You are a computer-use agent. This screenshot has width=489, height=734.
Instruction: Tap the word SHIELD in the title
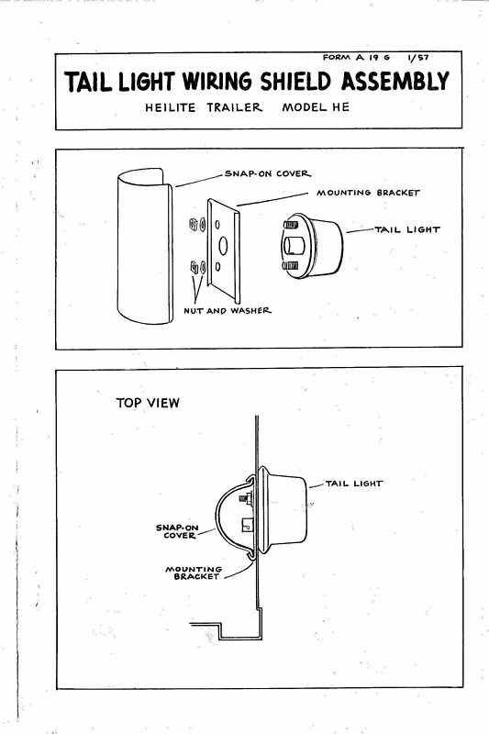[x=297, y=82]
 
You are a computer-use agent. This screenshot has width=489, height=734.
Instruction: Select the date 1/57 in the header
[x=417, y=58]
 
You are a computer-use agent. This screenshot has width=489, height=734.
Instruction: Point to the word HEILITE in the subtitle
[x=171, y=107]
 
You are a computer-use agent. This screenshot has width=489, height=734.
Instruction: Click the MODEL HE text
[x=316, y=107]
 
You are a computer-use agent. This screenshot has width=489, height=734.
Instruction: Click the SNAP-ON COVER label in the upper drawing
[x=268, y=173]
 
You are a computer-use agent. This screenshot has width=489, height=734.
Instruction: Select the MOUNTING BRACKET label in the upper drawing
[x=368, y=193]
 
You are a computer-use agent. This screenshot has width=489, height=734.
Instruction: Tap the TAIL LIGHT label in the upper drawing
[x=407, y=230]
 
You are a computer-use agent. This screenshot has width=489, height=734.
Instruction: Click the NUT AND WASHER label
[x=228, y=310]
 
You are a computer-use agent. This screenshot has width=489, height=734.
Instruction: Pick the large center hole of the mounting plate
[x=223, y=246]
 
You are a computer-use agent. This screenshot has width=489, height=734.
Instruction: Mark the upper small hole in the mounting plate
[x=217, y=225]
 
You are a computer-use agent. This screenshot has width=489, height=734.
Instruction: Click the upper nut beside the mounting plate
[x=192, y=224]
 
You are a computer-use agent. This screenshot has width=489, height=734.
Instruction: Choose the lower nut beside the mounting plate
[x=194, y=267]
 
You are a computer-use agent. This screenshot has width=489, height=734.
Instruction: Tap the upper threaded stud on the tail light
[x=291, y=225]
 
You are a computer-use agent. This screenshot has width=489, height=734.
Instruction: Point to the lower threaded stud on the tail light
[x=291, y=265]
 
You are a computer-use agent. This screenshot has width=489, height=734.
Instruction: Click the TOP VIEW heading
[x=148, y=403]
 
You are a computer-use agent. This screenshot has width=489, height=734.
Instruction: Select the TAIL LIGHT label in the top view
[x=354, y=484]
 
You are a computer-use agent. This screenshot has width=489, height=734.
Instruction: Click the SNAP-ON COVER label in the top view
[x=177, y=531]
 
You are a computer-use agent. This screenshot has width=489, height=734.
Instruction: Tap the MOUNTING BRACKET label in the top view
[x=194, y=573]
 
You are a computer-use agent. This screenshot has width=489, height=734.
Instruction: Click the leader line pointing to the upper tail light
[x=361, y=230]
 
